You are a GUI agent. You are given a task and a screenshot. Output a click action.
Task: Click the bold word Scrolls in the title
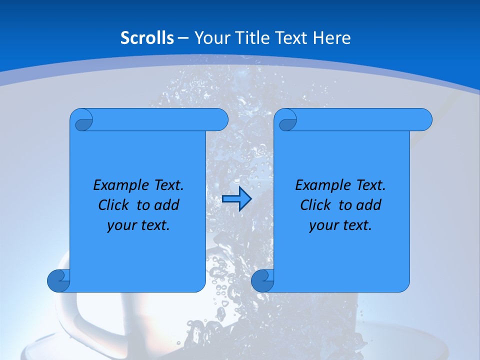point(147,38)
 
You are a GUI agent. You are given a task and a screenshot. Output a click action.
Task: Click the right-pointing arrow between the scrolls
point(236,199)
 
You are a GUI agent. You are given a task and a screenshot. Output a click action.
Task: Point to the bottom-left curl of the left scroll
point(58,280)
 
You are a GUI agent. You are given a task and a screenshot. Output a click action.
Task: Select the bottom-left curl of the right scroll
point(262,280)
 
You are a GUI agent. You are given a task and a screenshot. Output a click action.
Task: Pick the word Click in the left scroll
point(114,205)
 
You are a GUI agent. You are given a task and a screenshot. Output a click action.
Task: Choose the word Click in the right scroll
point(316,205)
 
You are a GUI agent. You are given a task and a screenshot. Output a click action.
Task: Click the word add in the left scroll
point(166,205)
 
